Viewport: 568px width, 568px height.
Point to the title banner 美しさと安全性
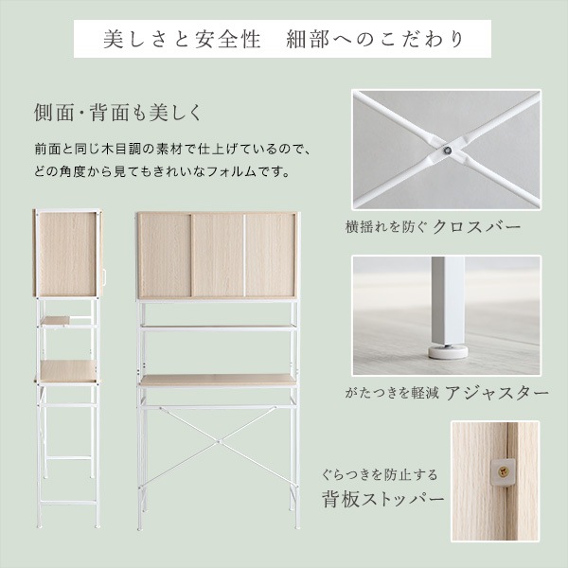(x=174, y=41)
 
